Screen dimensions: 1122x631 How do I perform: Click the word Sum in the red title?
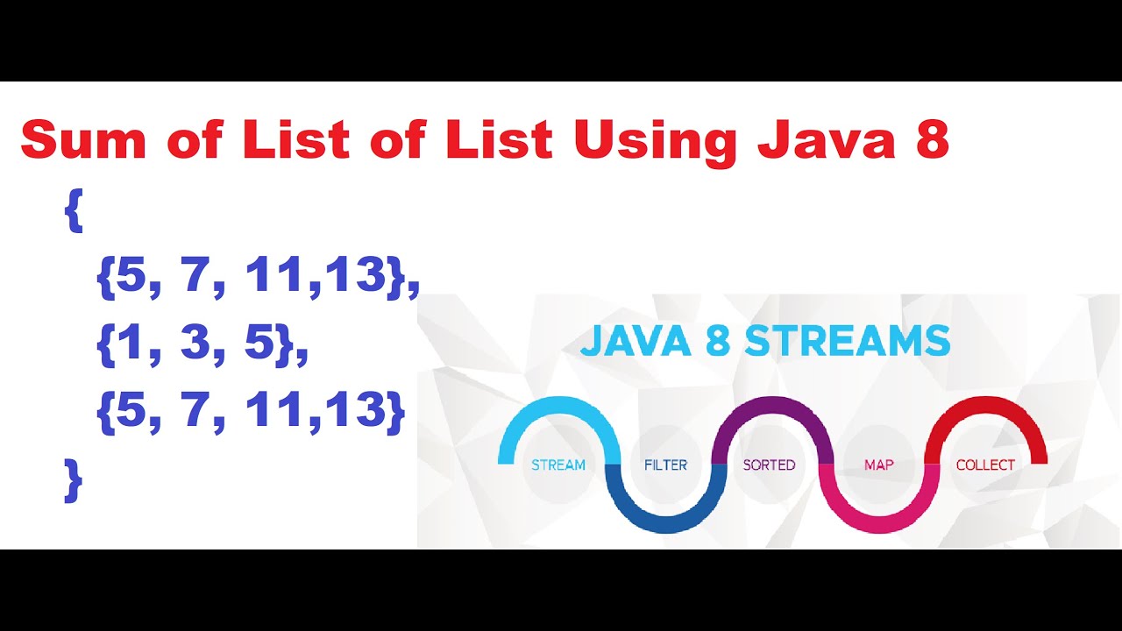tap(83, 139)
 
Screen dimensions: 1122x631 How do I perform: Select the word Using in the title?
tap(657, 144)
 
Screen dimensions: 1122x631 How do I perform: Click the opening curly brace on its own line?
tap(74, 210)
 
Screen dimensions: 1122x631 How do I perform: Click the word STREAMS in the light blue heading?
tap(848, 341)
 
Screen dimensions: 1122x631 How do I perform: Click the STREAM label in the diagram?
tap(558, 465)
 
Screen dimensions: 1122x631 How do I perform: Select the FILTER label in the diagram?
tap(665, 465)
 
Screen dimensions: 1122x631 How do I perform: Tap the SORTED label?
tap(769, 465)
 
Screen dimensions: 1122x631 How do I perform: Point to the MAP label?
tap(878, 465)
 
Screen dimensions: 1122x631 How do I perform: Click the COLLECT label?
tap(984, 465)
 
